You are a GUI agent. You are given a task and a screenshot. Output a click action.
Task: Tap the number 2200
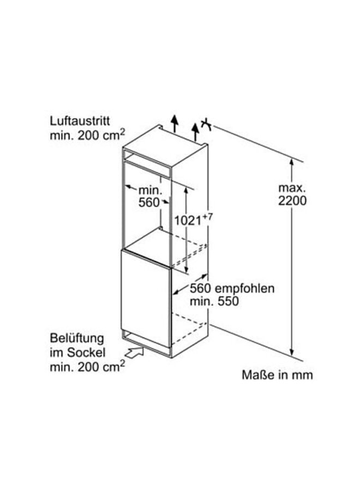tap(292, 200)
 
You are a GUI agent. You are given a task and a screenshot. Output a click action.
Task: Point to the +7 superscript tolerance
tap(206, 217)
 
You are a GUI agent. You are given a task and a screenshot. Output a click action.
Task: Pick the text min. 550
tap(214, 301)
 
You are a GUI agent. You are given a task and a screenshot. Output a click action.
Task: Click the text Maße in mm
tap(278, 375)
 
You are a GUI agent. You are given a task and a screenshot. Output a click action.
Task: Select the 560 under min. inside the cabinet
tap(149, 202)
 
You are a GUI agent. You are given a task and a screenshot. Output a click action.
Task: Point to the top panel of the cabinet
tap(164, 141)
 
